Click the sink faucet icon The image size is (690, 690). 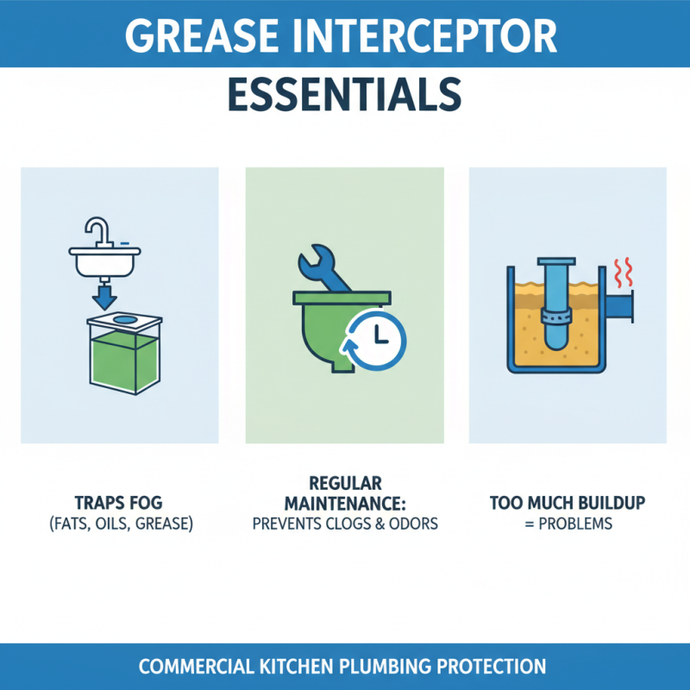point(97,233)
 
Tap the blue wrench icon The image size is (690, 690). point(323,268)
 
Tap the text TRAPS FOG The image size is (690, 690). point(120,503)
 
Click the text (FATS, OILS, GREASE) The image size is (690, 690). point(120,524)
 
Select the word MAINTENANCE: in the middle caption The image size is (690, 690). point(345,502)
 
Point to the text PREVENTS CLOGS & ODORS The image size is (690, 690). point(345,523)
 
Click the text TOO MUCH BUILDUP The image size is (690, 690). point(567,503)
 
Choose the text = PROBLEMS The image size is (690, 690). point(567,524)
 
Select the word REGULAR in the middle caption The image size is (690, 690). point(345,482)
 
